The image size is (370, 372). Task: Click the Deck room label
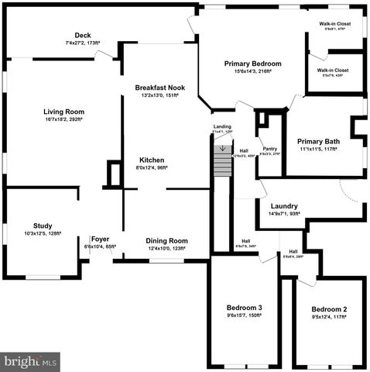[83, 35]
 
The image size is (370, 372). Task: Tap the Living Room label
[63, 112]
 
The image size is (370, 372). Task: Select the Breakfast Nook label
[156, 88]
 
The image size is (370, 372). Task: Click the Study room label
[43, 226]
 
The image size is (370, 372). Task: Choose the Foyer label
[100, 239]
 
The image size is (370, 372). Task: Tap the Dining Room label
[167, 240]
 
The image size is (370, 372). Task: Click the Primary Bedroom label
[252, 64]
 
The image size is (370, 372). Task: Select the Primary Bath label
[319, 141]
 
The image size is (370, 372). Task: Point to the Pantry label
[269, 149]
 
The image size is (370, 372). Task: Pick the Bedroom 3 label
[244, 307]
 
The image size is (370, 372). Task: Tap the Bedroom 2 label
[329, 309]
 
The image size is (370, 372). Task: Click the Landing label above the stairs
[221, 126]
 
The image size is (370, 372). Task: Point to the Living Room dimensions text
[63, 121]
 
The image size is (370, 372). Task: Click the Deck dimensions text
[83, 43]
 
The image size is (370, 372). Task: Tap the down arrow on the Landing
[223, 139]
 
